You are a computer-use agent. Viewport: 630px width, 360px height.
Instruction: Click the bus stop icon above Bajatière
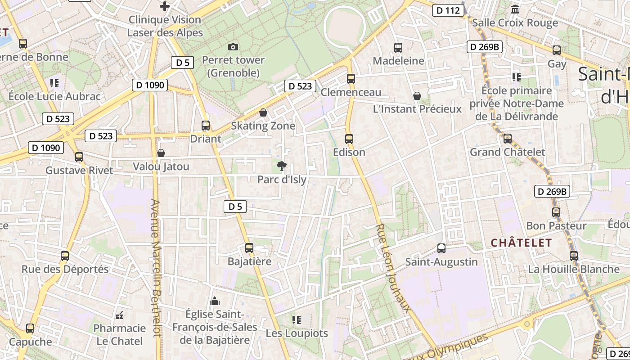click(249, 247)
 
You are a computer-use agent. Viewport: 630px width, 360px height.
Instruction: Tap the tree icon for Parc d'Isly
click(282, 166)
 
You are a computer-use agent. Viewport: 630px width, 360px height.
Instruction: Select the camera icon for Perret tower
click(233, 47)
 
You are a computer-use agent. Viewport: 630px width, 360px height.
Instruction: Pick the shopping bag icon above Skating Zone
click(263, 112)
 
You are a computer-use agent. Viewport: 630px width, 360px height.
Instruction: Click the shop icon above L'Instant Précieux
click(417, 96)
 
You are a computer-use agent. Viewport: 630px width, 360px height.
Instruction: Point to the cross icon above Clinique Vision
click(165, 6)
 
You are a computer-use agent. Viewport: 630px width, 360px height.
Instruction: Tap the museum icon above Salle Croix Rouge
click(515, 9)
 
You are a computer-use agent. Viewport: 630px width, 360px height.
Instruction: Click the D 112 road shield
click(448, 10)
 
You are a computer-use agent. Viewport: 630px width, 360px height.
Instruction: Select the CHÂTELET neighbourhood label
click(521, 243)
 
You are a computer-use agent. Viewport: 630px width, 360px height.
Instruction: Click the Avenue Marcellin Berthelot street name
click(156, 268)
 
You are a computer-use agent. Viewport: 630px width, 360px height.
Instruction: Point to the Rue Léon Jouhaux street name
click(393, 267)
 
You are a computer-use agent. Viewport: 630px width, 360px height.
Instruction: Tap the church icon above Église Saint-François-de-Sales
click(215, 301)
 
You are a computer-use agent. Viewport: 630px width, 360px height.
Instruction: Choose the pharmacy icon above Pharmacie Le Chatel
click(119, 315)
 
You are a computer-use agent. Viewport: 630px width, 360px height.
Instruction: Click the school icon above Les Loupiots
click(296, 320)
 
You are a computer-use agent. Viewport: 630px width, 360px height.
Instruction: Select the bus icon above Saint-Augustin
click(441, 248)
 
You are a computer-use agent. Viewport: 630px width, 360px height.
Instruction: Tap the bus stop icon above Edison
click(349, 139)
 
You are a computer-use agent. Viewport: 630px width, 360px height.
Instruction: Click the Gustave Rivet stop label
click(80, 171)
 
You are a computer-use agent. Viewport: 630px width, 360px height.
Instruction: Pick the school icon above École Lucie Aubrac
click(54, 83)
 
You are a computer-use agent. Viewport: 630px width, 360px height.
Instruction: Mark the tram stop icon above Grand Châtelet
click(508, 139)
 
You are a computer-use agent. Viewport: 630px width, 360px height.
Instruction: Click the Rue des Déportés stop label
click(65, 270)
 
